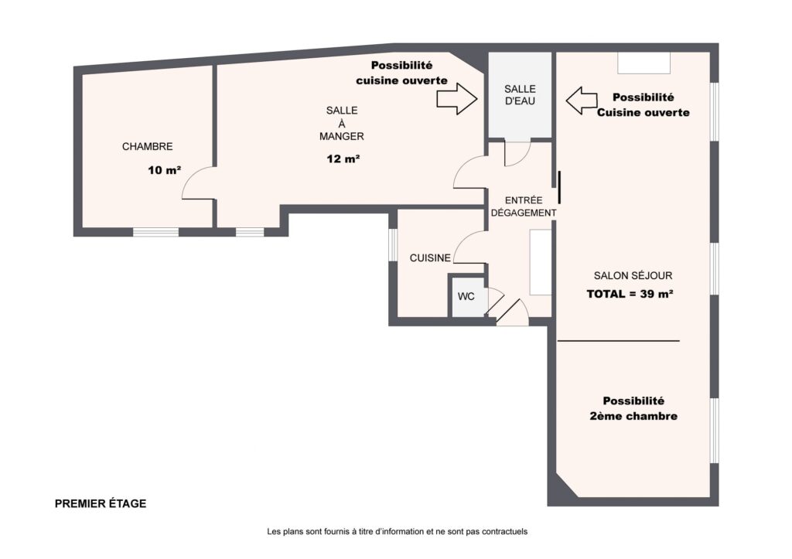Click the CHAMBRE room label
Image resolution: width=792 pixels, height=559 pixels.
click(x=147, y=146)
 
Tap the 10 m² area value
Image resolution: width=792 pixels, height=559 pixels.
click(x=165, y=170)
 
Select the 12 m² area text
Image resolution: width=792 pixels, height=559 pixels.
click(x=343, y=158)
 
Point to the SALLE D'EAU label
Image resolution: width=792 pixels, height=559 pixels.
click(x=520, y=95)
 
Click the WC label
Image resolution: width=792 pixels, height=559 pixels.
click(x=466, y=296)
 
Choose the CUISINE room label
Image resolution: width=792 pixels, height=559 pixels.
click(x=430, y=258)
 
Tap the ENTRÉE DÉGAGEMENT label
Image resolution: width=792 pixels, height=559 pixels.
click(x=524, y=206)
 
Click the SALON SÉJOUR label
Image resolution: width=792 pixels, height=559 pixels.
click(x=633, y=276)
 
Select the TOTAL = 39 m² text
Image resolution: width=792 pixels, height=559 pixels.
click(x=630, y=294)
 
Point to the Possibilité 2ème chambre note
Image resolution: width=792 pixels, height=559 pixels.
click(x=633, y=408)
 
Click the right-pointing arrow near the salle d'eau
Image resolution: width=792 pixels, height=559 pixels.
click(x=456, y=99)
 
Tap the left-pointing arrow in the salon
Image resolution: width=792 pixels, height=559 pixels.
click(x=582, y=101)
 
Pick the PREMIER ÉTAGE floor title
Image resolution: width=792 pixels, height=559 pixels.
click(x=101, y=503)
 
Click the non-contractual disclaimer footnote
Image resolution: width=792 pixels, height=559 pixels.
click(x=397, y=531)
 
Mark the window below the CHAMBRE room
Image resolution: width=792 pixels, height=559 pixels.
click(x=155, y=232)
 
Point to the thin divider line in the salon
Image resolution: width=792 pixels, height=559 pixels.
click(x=619, y=341)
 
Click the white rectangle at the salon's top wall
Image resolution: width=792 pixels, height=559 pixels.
click(x=644, y=63)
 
